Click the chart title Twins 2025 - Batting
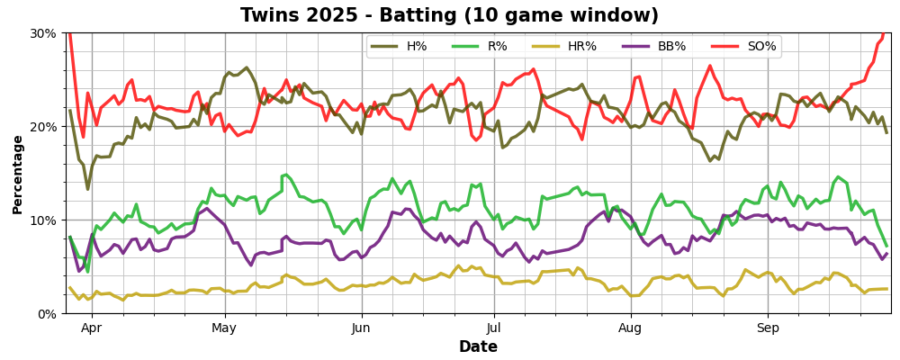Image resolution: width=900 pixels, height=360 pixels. coord(449,15)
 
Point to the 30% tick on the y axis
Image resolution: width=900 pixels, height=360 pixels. coord(43,33)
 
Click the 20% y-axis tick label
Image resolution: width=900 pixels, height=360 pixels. coord(43,127)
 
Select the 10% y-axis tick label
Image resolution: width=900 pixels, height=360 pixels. coord(43,220)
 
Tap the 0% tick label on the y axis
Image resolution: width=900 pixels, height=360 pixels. coord(47,314)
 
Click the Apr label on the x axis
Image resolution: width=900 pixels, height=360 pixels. coord(92,328)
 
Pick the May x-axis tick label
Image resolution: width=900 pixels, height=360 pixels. coord(225,328)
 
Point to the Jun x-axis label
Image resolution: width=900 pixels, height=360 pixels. coord(362,328)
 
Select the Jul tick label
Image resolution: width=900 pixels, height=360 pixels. coord(494,328)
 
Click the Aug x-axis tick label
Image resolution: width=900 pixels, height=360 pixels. coord(631,328)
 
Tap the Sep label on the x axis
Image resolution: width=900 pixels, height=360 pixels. coord(768,328)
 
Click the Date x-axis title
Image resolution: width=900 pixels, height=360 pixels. coord(478,347)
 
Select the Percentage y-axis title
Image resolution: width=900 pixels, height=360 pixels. coord(18,174)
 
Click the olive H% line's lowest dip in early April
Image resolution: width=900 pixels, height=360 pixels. coord(87,189)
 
